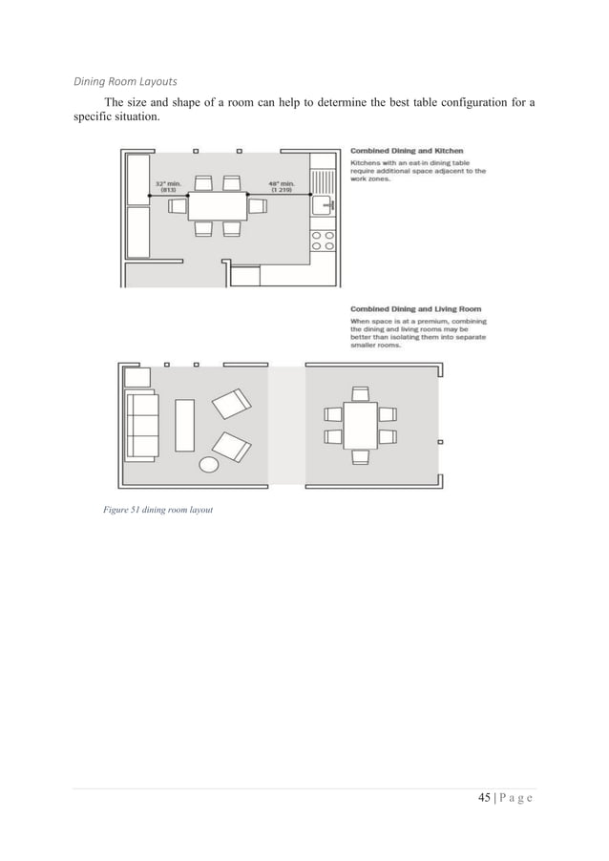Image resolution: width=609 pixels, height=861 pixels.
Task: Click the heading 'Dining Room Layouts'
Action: (125, 81)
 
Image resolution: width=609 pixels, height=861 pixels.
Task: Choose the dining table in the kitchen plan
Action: (217, 205)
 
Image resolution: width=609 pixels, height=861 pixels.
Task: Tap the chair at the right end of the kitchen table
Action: (257, 204)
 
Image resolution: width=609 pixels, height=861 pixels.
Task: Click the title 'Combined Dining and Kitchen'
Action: (407, 151)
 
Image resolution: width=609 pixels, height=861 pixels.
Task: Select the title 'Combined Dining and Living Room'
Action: (415, 309)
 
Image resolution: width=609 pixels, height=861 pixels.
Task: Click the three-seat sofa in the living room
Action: (140, 425)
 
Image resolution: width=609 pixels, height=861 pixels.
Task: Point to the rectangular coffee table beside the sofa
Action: (184, 425)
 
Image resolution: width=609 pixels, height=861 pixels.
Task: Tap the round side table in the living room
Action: (208, 465)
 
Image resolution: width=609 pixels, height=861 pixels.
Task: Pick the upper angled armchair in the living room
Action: (232, 405)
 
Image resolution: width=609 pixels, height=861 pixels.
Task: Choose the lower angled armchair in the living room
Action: (232, 445)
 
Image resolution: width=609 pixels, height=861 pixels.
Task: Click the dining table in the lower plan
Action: (360, 425)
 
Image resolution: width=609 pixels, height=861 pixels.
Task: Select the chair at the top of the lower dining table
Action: (360, 393)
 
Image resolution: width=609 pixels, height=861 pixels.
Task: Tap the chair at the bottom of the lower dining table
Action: (360, 456)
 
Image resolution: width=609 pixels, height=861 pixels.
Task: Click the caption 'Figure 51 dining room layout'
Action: (157, 510)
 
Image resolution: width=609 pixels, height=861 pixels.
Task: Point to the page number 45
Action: (484, 798)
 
